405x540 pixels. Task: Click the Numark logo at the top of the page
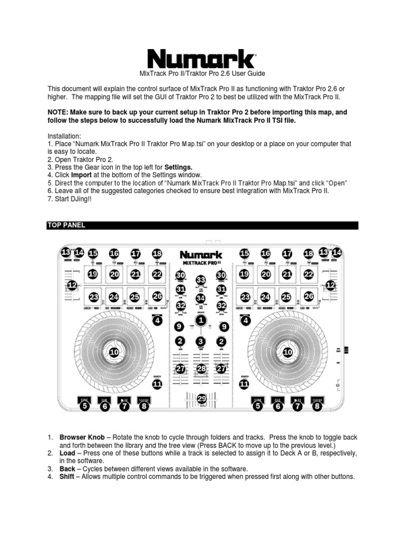[x=201, y=58]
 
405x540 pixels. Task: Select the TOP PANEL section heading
[x=66, y=225]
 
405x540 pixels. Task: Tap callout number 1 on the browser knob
[x=200, y=321]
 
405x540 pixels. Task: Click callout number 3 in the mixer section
[x=201, y=342]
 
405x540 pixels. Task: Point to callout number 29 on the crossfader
[x=201, y=400]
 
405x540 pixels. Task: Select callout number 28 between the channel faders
[x=201, y=370]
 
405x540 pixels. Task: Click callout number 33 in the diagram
[x=201, y=280]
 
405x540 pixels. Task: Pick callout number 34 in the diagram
[x=201, y=298]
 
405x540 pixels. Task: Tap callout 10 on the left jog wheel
[x=113, y=352]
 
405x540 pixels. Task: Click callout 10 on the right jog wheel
[x=288, y=352]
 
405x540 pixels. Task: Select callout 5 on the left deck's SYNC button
[x=84, y=406]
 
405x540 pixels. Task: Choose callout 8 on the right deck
[x=317, y=406]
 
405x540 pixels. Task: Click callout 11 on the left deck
[x=157, y=384]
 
